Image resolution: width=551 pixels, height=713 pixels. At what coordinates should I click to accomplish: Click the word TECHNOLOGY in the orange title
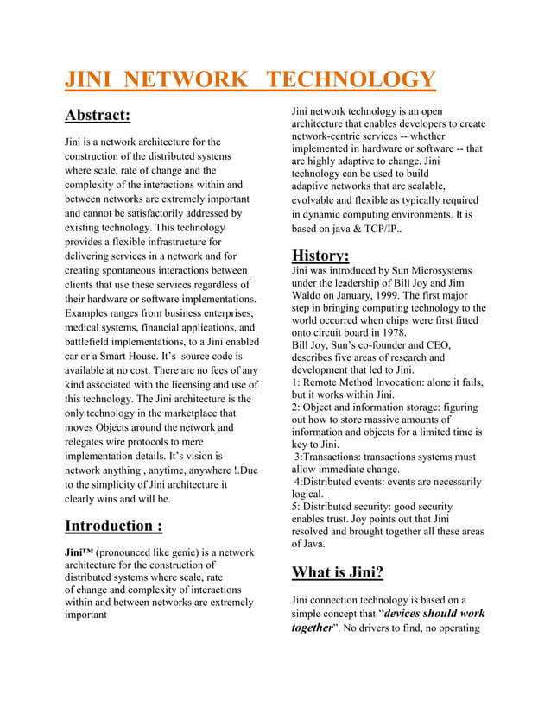(x=350, y=80)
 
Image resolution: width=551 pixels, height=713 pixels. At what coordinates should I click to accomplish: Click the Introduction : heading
(x=114, y=526)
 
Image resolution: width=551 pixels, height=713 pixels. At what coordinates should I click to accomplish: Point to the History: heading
(x=320, y=256)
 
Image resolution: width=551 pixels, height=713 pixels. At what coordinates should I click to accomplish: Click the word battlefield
(x=90, y=343)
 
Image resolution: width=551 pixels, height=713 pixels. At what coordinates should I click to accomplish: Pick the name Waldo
(x=307, y=295)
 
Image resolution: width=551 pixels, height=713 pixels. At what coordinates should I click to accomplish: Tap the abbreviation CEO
(x=436, y=344)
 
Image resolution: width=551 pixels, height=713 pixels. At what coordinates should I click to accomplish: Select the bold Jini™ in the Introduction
(x=79, y=552)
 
